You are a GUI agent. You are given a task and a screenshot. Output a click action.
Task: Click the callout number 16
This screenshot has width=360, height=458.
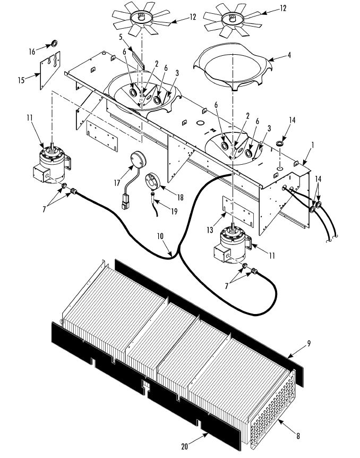point(32,52)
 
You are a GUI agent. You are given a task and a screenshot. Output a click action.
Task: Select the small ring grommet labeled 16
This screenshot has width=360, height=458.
point(54,44)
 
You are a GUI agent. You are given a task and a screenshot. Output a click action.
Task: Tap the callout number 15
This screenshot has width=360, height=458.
point(21,80)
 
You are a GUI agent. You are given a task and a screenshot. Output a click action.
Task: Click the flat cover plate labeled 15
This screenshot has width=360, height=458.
point(50,70)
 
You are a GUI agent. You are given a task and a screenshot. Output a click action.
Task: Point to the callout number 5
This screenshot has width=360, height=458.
point(121,37)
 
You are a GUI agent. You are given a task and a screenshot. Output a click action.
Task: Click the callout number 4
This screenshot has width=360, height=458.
point(289,55)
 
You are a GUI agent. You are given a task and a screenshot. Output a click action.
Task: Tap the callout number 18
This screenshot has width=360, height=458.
point(181,198)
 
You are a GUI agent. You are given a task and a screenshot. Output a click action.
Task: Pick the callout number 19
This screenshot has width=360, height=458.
point(174,211)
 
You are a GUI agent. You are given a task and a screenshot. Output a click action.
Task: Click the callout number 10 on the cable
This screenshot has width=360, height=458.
point(160,236)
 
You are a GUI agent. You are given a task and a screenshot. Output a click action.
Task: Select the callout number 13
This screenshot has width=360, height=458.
point(210,230)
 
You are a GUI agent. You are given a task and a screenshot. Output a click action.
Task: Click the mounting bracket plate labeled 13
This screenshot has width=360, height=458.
point(238,211)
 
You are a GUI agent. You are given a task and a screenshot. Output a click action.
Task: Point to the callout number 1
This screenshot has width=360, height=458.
point(312,145)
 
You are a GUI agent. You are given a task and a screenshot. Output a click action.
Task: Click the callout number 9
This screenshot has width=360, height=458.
point(309,343)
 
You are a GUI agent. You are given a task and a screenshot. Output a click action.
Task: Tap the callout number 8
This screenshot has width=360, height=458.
point(298,436)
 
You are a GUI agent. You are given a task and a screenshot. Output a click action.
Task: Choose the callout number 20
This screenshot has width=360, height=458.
point(185,446)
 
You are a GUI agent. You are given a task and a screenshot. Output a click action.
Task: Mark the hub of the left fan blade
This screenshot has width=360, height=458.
point(141,17)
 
